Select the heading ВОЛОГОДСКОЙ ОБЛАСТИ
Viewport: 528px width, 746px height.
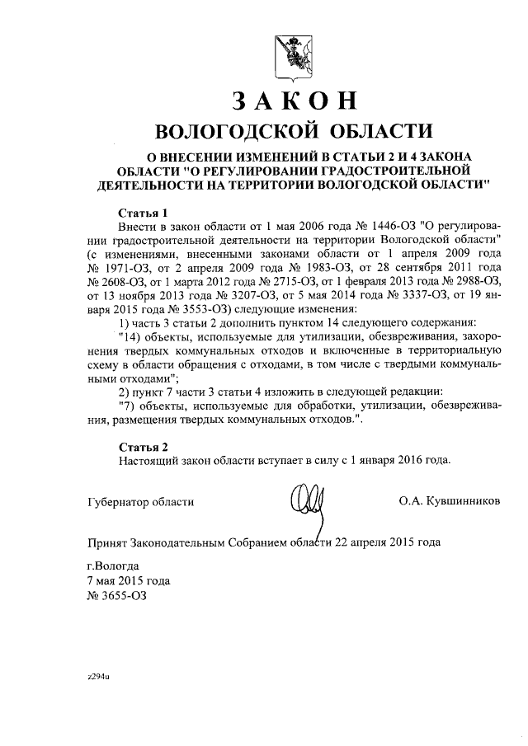295,131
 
